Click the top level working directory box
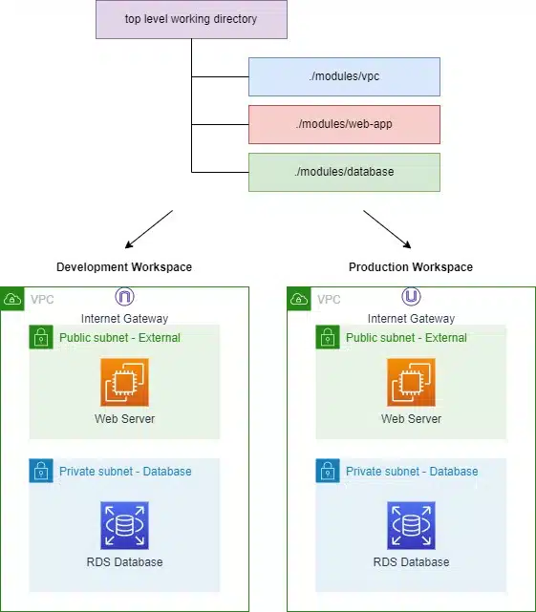191,19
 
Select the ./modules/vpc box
344,77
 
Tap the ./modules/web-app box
344,124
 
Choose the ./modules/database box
344,172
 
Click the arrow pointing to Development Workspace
149,229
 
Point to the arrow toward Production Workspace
387,229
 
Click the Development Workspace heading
124,267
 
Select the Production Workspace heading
411,267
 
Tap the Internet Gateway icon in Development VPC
124,297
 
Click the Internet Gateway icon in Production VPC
412,297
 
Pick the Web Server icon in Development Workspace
124,382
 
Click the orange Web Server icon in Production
412,382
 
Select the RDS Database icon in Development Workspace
124,525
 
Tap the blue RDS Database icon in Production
412,525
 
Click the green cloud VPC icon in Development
12,299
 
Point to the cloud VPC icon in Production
299,299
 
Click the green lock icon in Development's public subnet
41,337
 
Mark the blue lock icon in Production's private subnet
328,471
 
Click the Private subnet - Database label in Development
125,471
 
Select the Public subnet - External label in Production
406,338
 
